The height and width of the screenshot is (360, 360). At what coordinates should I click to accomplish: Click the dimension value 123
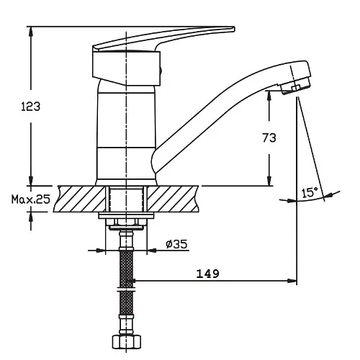click(30, 106)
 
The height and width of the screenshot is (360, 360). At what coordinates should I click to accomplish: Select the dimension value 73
click(269, 138)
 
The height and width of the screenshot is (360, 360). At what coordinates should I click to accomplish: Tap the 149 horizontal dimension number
click(208, 274)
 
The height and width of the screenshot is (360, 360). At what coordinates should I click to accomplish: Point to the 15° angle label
click(310, 193)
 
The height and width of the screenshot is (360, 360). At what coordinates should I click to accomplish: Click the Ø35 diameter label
click(176, 244)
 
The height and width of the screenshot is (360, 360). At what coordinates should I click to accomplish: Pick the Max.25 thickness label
click(31, 199)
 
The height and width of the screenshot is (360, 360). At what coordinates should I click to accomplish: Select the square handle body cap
click(126, 68)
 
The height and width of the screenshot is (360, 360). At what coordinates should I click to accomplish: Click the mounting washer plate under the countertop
click(126, 215)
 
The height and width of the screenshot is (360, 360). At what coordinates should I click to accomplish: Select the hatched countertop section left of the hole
click(80, 199)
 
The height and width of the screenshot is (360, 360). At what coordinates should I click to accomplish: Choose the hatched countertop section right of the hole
click(173, 199)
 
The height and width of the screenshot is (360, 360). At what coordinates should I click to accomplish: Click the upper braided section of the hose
click(126, 269)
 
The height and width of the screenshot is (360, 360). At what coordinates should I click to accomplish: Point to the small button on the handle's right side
click(161, 71)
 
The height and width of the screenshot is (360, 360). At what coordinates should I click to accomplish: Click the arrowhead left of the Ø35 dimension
click(101, 251)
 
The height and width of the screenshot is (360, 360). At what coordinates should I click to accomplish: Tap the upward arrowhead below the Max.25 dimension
click(31, 217)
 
